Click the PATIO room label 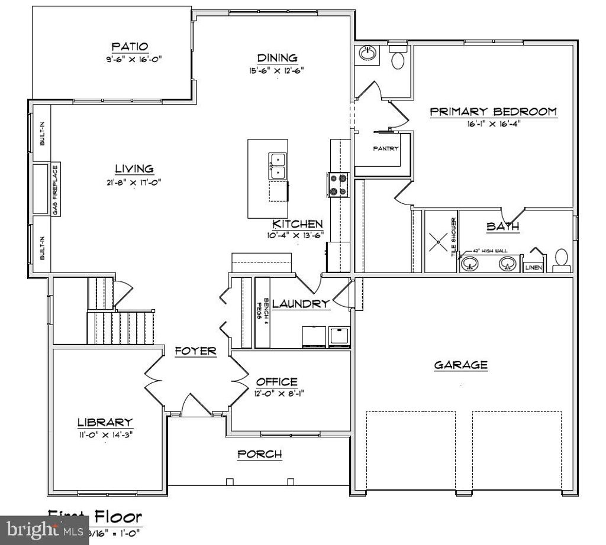pos(130,46)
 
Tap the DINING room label pos(277,58)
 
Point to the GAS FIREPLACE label pos(55,190)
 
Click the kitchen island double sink pos(278,166)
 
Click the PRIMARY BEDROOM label pos(492,111)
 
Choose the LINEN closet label pos(533,268)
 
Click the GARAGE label pos(460,365)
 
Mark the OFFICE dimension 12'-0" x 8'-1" pos(279,392)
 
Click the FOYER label pos(196,351)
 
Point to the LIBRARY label pos(105,422)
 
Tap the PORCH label pos(259,455)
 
